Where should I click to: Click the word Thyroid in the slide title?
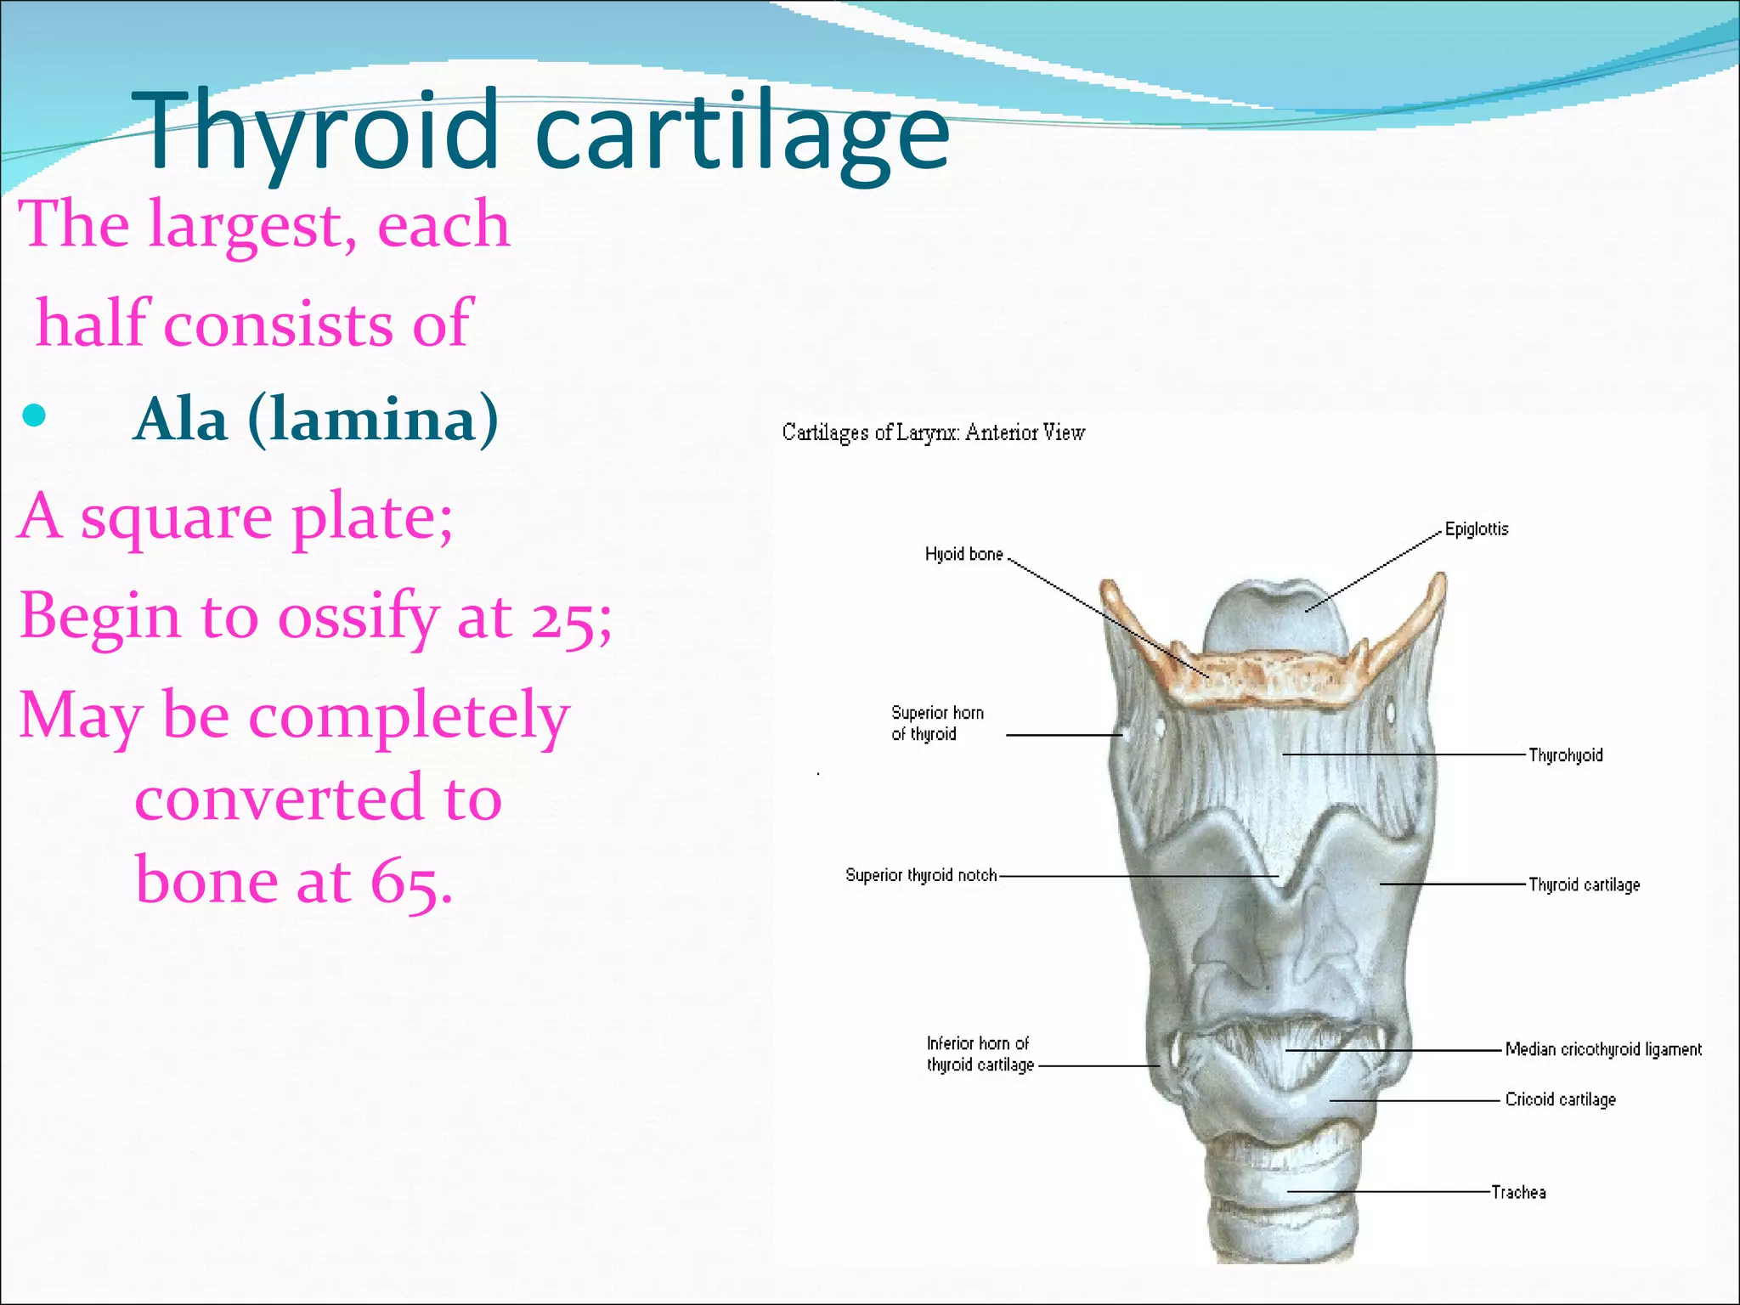314,132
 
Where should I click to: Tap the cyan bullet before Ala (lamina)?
34,415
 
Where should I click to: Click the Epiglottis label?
1477,529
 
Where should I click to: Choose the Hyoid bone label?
963,555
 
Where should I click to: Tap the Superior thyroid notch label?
921,875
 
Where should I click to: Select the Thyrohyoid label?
1566,755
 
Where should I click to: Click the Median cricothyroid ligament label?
1603,1049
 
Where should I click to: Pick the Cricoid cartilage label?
1560,1099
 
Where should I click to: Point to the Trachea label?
1519,1193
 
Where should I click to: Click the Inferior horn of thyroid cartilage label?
980,1054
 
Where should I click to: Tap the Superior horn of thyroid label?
937,723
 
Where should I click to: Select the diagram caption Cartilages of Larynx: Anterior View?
933,432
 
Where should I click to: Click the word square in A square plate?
177,517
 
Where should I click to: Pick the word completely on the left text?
408,716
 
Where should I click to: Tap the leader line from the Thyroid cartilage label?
1453,884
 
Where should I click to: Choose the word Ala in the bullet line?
182,420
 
